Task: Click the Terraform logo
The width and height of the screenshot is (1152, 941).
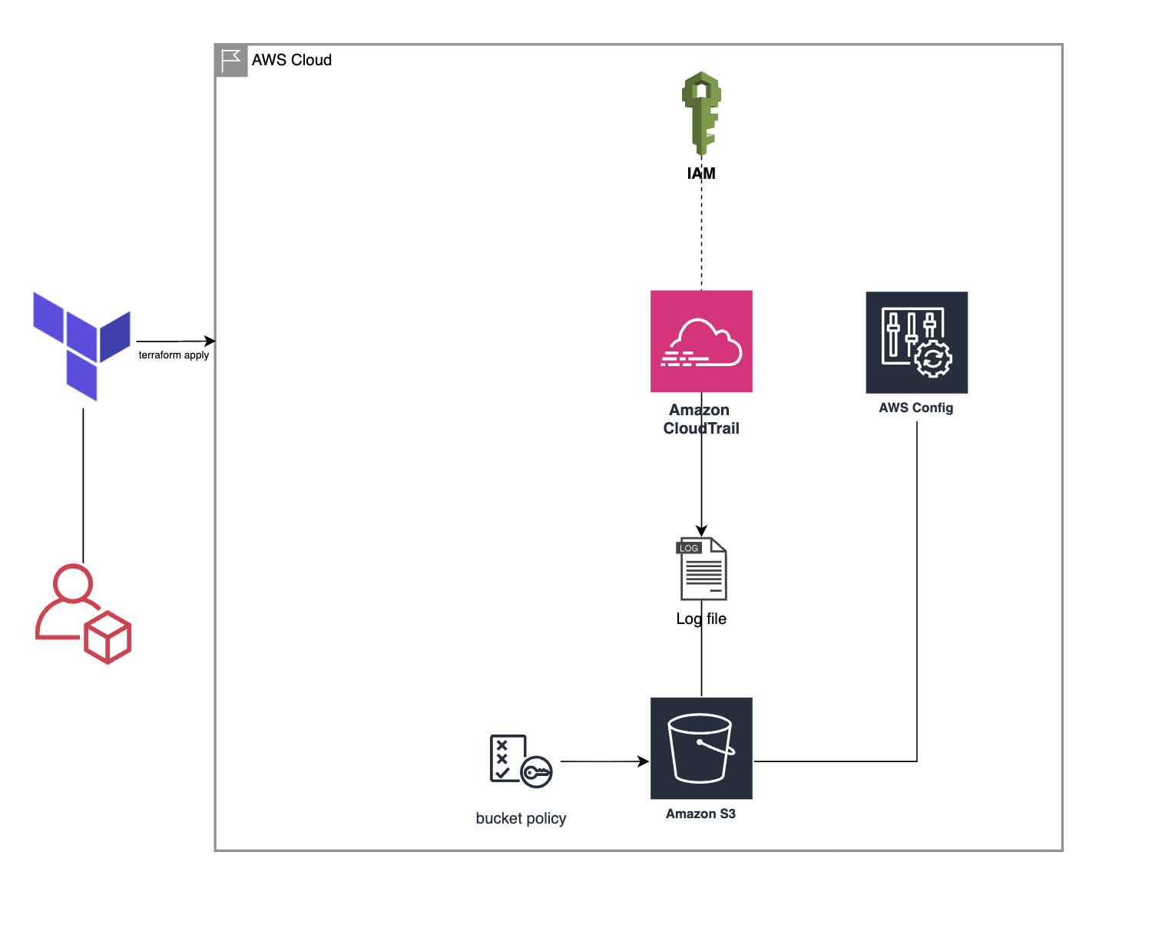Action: pos(81,345)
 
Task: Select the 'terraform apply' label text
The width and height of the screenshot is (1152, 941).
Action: pos(174,355)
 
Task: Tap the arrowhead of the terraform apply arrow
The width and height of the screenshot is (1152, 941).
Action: pos(210,341)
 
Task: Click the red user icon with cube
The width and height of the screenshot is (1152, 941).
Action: pos(83,614)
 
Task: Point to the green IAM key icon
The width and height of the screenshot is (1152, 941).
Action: pos(701,113)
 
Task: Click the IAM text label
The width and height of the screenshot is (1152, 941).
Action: pos(701,173)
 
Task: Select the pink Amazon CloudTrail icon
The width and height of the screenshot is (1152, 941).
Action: pos(701,341)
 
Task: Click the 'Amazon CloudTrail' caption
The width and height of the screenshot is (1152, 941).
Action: pos(701,419)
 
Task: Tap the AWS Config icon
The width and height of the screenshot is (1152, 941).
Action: pos(916,342)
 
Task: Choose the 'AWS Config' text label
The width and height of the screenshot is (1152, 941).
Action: pos(916,408)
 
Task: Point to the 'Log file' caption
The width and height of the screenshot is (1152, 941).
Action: pos(701,619)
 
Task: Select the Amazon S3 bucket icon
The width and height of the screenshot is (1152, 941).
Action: pos(701,748)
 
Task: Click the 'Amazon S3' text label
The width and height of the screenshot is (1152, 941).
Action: pos(700,814)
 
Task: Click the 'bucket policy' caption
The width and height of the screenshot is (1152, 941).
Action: pos(521,818)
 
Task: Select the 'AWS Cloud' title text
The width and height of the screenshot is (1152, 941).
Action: pos(292,60)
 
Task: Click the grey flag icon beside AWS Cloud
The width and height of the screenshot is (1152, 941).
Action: pos(231,60)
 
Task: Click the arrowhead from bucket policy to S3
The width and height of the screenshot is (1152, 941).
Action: pos(644,761)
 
